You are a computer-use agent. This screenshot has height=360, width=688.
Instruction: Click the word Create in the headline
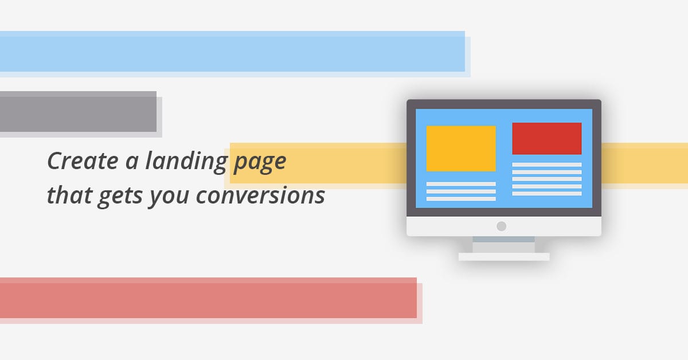83,161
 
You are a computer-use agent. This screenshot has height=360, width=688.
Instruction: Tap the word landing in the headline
186,162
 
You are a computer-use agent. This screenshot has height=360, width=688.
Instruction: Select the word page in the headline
260,163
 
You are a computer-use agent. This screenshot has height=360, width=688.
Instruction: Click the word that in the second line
70,195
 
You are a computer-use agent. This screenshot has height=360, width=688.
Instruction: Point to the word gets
120,198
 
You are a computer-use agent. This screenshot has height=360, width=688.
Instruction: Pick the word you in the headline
169,198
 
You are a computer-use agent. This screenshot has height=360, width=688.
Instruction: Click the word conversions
260,195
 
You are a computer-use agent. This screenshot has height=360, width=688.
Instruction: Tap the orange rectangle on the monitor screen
461,148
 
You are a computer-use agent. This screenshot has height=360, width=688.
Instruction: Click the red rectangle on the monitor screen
547,139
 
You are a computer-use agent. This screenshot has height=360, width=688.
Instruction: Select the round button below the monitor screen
501,226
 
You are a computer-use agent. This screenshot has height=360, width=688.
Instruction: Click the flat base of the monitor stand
504,257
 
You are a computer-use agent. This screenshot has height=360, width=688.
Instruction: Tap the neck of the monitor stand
504,245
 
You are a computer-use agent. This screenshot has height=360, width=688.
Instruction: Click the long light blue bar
233,51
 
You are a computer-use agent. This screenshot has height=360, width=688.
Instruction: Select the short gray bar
79,112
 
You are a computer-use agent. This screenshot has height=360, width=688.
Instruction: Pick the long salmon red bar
208,298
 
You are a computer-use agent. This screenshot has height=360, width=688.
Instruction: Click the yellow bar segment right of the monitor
644,163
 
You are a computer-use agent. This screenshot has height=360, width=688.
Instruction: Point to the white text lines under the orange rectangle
461,191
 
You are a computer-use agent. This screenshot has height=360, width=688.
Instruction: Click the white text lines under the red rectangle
547,179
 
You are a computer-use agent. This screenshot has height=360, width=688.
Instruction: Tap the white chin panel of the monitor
504,226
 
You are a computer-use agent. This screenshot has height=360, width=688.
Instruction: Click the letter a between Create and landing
132,162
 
